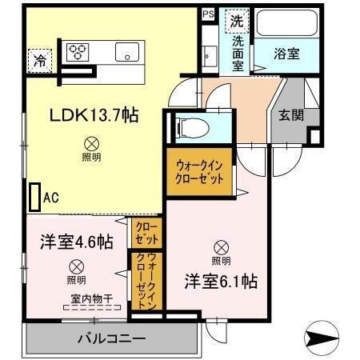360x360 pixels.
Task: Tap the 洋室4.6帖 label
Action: pyautogui.click(x=77, y=242)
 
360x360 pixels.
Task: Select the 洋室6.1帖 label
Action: pyautogui.click(x=222, y=282)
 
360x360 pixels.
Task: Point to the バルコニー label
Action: pyautogui.click(x=111, y=338)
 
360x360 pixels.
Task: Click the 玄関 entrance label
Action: pyautogui.click(x=291, y=115)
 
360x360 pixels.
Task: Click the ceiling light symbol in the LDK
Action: pyautogui.click(x=90, y=144)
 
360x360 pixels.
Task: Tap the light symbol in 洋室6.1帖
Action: pyautogui.click(x=221, y=246)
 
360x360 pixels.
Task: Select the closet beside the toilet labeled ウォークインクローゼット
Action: pyautogui.click(x=199, y=170)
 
